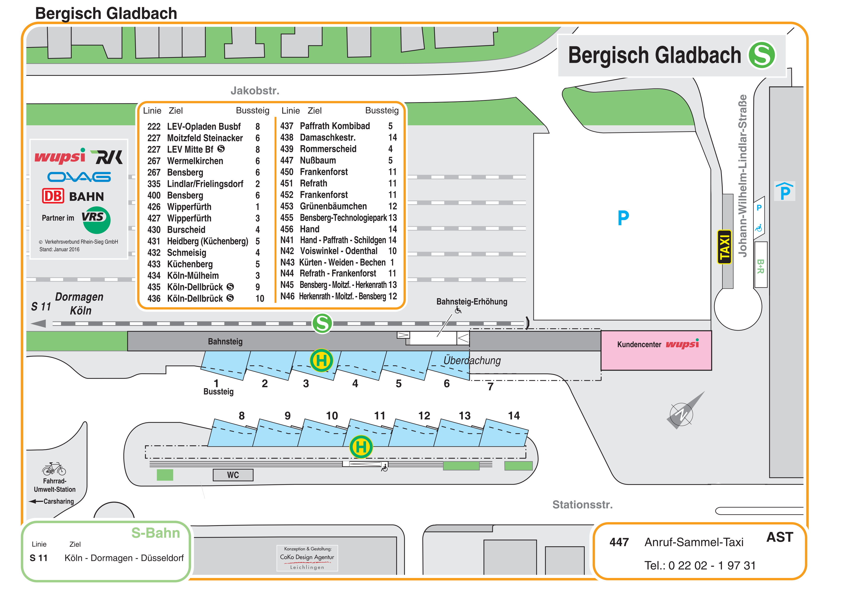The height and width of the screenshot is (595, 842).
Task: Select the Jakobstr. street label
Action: [255, 90]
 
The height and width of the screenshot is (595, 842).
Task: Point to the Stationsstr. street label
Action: [582, 505]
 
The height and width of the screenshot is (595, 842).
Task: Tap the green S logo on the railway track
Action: [322, 323]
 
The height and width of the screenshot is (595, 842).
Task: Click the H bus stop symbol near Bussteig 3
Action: [321, 360]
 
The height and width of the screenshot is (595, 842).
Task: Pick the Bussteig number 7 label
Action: [490, 387]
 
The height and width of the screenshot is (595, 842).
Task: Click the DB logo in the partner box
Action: [53, 196]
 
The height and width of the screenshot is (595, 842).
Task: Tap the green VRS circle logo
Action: [96, 220]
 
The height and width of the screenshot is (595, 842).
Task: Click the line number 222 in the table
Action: [154, 126]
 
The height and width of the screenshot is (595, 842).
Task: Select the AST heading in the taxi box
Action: [779, 537]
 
